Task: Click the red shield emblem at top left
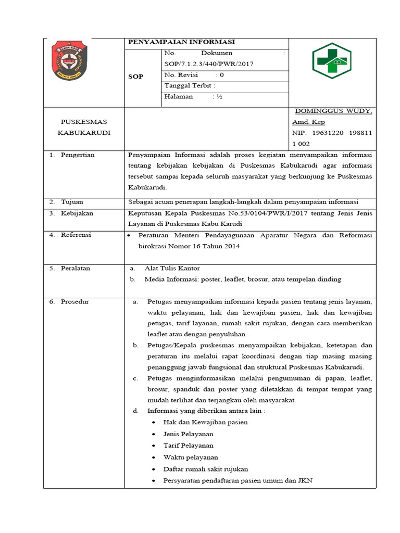click(x=70, y=61)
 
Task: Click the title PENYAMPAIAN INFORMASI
click(x=181, y=42)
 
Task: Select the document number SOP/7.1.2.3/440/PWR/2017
click(x=209, y=64)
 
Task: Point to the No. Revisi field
click(x=194, y=75)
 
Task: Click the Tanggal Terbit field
click(x=190, y=86)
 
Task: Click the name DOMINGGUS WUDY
click(x=333, y=111)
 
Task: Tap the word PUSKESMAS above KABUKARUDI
click(x=84, y=122)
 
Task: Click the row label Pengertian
click(x=78, y=155)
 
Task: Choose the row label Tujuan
click(x=72, y=202)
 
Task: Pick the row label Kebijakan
click(x=76, y=213)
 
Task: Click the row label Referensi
click(x=76, y=235)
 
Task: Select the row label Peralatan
click(x=76, y=269)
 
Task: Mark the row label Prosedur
click(x=75, y=302)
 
